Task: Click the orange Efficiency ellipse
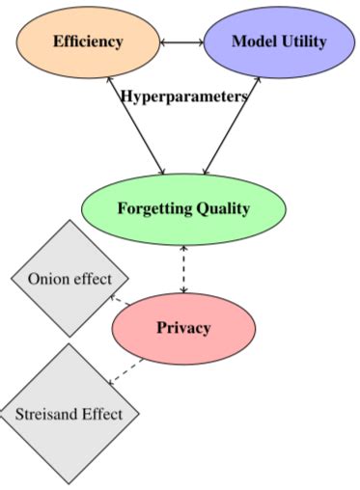coord(88,41)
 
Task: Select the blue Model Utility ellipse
coord(279,41)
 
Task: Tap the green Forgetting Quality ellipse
coord(183,208)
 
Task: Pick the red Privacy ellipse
coord(183,327)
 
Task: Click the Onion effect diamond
coord(69,279)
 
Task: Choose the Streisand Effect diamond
coord(69,415)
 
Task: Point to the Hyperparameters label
coord(183,96)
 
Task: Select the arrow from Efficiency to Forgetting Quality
coord(136,125)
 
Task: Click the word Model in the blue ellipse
coord(254,41)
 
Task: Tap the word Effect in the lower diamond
coord(102,415)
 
